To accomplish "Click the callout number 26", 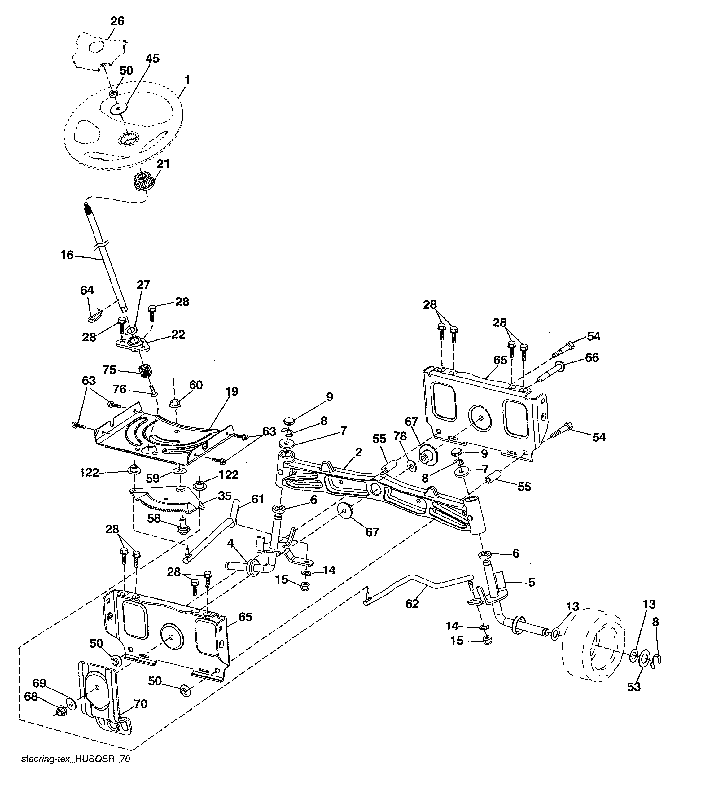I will [x=117, y=21].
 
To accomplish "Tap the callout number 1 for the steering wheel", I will [x=187, y=80].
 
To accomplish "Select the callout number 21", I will [x=163, y=164].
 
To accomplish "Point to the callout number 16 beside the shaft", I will [x=67, y=255].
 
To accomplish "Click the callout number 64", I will [x=87, y=290].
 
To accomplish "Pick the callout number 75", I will [x=109, y=370].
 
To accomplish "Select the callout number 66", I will [x=592, y=357].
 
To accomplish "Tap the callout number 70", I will [x=141, y=715].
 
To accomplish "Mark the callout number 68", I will [x=31, y=708].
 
